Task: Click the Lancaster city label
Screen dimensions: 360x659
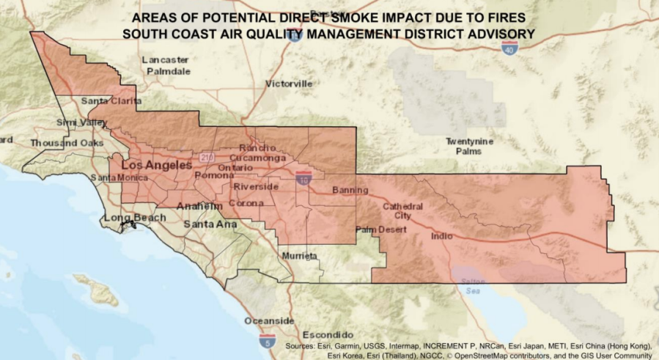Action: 165,59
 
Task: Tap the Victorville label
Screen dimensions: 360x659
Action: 289,84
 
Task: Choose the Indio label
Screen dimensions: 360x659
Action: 442,236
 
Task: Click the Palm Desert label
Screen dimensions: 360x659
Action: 380,229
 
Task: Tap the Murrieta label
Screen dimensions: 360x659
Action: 300,256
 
